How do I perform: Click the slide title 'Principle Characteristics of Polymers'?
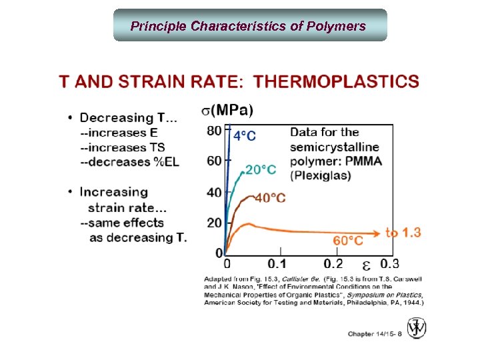pos(248,26)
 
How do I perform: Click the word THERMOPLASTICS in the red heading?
pos(337,82)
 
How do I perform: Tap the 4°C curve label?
pos(244,136)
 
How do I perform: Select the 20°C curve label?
pos(261,169)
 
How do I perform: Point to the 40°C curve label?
pos(270,198)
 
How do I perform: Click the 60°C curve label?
pos(348,240)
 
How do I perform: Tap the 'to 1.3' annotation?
pos(403,232)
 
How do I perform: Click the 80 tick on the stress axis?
pos(214,131)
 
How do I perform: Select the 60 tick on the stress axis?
pos(214,161)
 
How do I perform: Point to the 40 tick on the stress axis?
pos(214,192)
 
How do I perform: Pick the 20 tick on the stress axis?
pos(214,222)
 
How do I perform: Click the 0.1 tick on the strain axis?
pos(277,264)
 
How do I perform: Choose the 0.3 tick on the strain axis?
pos(390,264)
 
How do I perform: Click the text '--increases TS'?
pos(123,147)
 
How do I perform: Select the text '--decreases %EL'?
pos(129,162)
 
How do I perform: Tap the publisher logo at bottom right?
pos(417,328)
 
